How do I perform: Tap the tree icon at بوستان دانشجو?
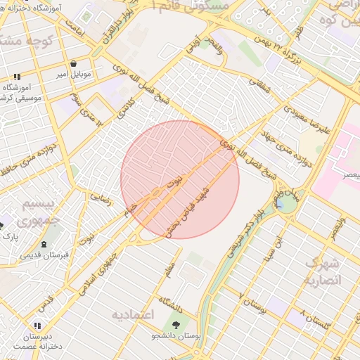[176, 325]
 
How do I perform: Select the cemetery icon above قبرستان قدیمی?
[45, 244]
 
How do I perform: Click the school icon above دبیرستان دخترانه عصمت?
[37, 326]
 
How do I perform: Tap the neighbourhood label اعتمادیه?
[132, 314]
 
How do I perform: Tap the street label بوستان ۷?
[254, 301]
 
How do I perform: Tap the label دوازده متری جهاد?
[287, 145]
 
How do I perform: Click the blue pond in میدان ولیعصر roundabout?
[286, 203]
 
